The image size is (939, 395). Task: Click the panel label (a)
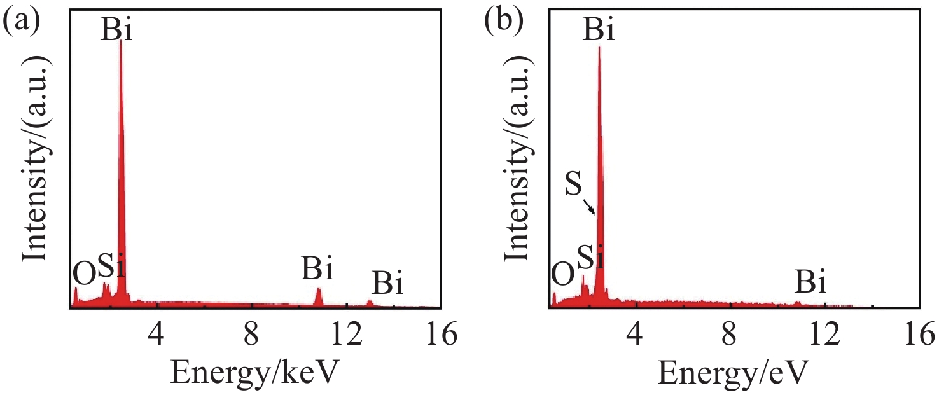click(x=22, y=24)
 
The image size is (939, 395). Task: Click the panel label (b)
click(x=503, y=24)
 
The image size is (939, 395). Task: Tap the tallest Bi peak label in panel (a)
click(x=117, y=30)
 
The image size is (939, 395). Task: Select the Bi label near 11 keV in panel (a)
click(x=317, y=270)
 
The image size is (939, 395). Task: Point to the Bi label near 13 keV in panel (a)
click(x=387, y=284)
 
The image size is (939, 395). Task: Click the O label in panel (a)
click(x=84, y=274)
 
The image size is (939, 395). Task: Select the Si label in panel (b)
click(x=590, y=260)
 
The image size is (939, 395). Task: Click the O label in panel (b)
click(x=562, y=275)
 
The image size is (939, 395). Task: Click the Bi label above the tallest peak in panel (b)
click(x=599, y=30)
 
